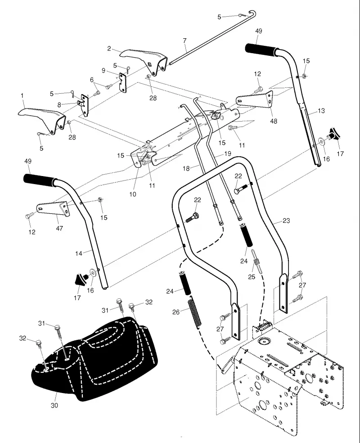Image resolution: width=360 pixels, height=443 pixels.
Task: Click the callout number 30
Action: pyautogui.click(x=54, y=405)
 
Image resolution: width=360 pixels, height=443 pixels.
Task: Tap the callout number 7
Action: pyautogui.click(x=184, y=41)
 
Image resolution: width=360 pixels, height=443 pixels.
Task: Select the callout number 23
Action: pyautogui.click(x=286, y=220)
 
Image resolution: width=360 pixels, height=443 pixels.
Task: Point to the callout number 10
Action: pyautogui.click(x=133, y=194)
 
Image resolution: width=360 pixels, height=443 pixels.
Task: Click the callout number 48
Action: pyautogui.click(x=274, y=121)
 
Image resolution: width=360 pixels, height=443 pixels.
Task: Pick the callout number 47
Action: pyautogui.click(x=59, y=228)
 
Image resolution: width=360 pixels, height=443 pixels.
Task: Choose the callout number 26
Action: pyautogui.click(x=176, y=312)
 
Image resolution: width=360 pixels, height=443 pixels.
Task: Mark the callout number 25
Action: pyautogui.click(x=252, y=276)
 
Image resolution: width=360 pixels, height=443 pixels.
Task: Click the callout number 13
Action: pyautogui.click(x=321, y=111)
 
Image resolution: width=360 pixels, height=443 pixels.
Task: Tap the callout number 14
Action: pyautogui.click(x=79, y=253)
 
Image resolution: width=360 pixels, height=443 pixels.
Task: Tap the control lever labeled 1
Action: pyautogui.click(x=42, y=119)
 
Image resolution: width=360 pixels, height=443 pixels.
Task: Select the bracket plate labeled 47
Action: pyautogui.click(x=54, y=208)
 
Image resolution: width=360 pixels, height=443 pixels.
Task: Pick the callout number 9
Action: pyautogui.click(x=103, y=70)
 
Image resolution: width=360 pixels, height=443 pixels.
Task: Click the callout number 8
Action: pyautogui.click(x=59, y=105)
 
